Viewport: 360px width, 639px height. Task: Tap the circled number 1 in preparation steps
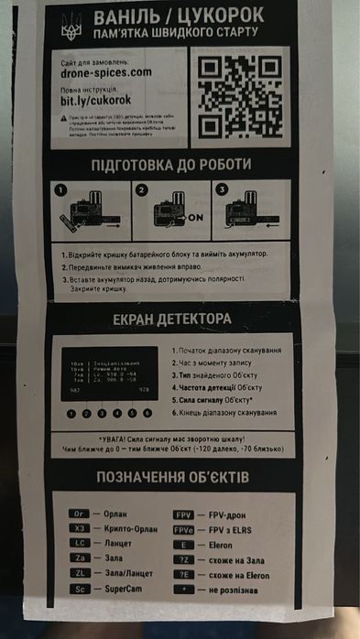tap(61, 190)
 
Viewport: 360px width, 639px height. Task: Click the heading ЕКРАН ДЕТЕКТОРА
tap(173, 319)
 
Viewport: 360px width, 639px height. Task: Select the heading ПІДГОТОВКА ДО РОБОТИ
tap(173, 165)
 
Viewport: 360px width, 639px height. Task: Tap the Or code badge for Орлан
tap(81, 514)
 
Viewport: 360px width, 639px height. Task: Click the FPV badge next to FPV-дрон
tap(183, 514)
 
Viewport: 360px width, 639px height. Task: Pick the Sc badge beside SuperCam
tap(81, 588)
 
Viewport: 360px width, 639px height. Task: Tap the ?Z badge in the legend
tap(183, 558)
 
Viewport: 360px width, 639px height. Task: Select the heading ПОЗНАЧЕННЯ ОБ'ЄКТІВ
tap(173, 477)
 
